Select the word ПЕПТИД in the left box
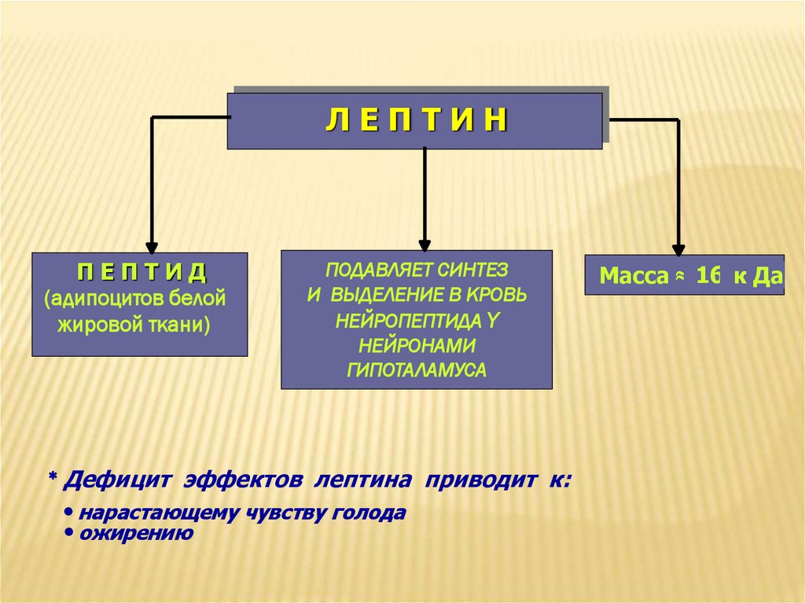coord(142,272)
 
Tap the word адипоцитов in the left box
coord(105,299)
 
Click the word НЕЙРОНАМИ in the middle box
coord(417,345)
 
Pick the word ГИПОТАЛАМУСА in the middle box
coord(417,370)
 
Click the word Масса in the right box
coord(629,276)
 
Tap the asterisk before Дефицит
coord(53,477)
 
